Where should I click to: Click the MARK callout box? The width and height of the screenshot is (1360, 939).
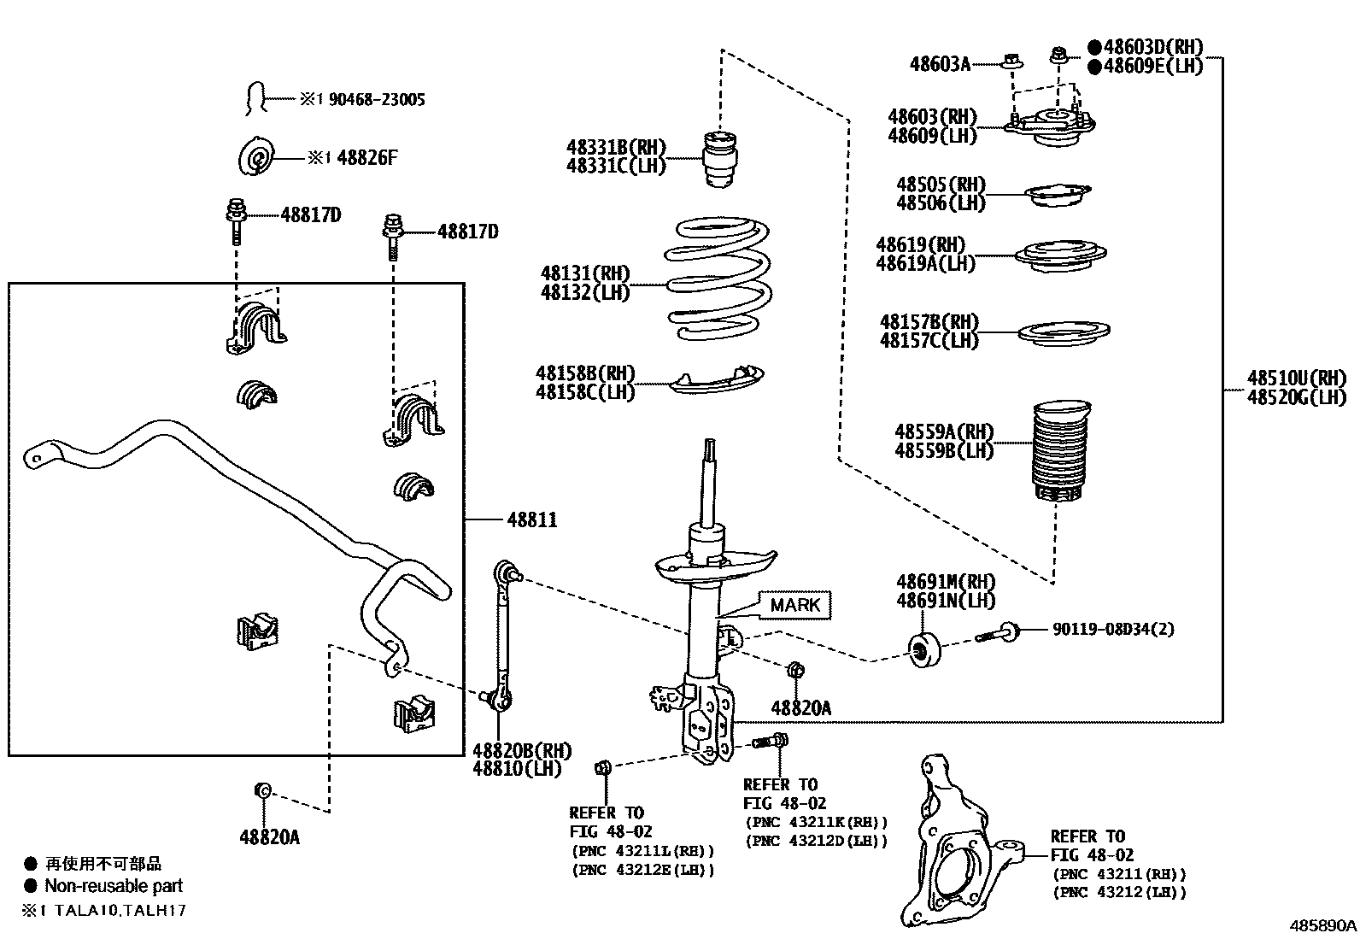[794, 605]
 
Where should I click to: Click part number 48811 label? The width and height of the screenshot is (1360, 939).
[531, 519]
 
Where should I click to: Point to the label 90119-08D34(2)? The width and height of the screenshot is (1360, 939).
[1113, 629]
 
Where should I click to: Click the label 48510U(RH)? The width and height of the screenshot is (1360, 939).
[1296, 378]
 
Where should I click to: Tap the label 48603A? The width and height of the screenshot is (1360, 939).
[940, 62]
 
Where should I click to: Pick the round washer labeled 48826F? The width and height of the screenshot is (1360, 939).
[256, 158]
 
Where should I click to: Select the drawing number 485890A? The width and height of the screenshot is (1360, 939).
[1322, 925]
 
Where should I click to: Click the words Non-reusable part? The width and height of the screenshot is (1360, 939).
[114, 886]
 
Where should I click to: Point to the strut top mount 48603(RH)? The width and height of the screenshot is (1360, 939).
[1049, 124]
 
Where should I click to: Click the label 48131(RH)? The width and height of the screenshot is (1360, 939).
[584, 273]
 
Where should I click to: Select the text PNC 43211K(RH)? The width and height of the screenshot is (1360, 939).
[816, 822]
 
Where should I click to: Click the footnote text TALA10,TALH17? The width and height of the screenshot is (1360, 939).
[120, 910]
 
